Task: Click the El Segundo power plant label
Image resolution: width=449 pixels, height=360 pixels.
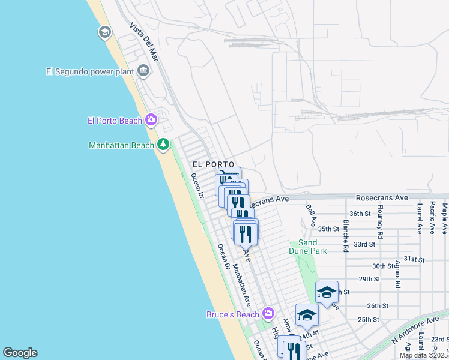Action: (89, 71)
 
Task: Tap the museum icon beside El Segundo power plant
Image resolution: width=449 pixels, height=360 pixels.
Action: (143, 71)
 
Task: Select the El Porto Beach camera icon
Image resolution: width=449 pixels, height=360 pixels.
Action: (151, 120)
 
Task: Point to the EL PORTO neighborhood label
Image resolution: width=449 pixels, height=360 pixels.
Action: (212, 164)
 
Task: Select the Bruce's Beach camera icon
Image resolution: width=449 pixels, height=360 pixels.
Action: (268, 314)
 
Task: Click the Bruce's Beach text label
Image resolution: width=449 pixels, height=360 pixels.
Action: (232, 314)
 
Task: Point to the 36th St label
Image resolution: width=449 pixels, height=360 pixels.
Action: (362, 214)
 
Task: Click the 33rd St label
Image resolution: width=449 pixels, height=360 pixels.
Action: (364, 244)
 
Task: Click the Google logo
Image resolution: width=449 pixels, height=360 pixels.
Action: (20, 353)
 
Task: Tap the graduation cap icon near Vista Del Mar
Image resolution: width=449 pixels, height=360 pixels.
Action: (104, 32)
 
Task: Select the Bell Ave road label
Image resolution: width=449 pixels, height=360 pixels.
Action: (310, 215)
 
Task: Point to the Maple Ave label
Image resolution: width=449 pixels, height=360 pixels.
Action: (445, 219)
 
